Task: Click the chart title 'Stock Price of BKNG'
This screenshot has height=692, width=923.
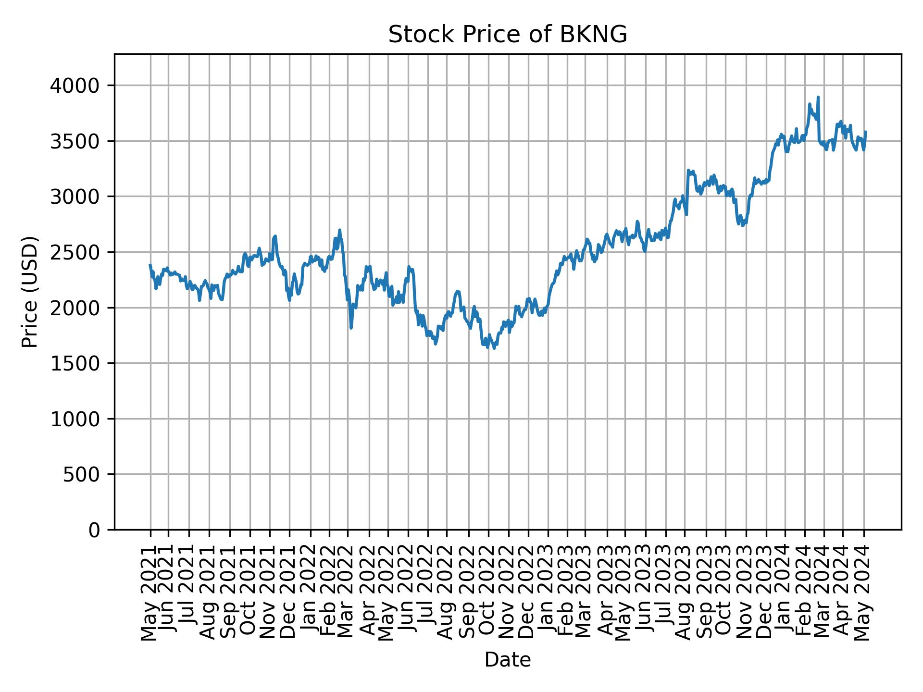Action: click(507, 35)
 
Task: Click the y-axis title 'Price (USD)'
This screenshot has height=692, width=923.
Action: click(30, 292)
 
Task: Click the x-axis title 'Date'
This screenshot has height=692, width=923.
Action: click(507, 660)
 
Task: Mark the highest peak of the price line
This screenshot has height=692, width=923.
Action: click(818, 97)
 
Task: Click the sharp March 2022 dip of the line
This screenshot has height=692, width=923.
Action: click(351, 328)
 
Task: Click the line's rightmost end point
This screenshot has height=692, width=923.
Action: click(865, 131)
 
